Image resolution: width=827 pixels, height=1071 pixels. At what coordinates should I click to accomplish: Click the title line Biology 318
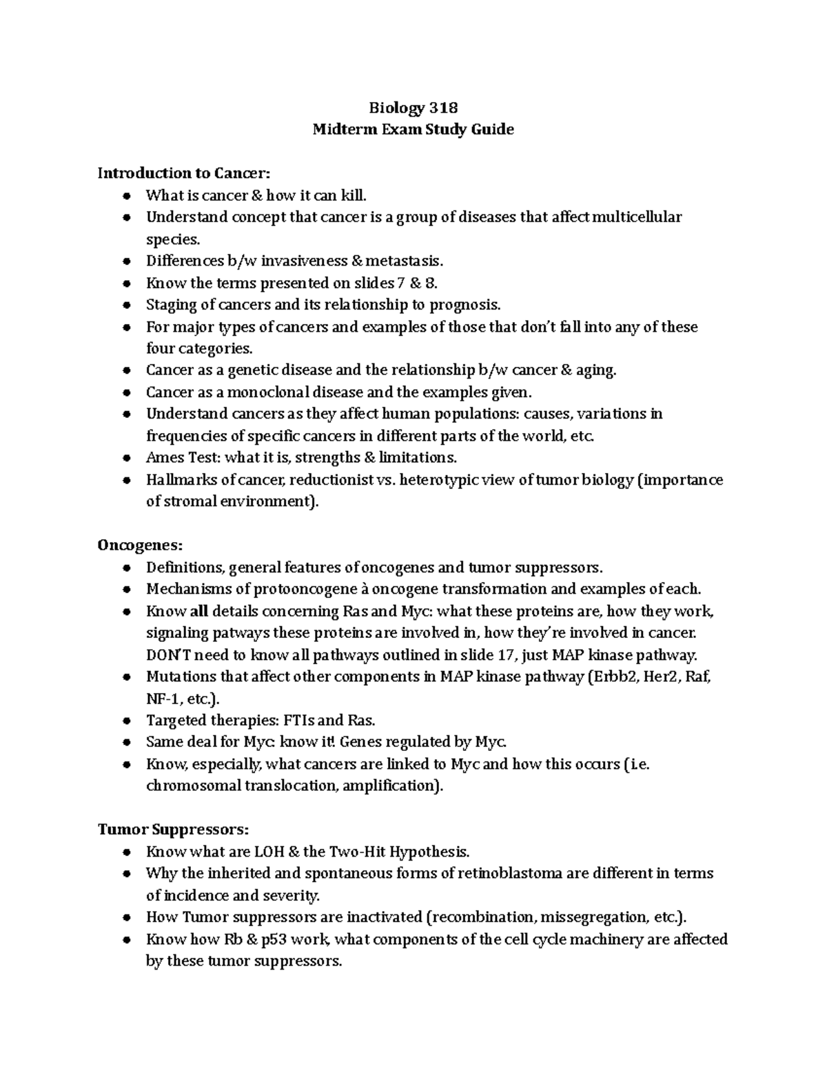click(x=413, y=108)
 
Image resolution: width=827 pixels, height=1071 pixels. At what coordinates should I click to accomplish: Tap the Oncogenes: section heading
click(x=141, y=545)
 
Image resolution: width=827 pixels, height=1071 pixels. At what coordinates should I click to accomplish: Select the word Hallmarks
click(x=177, y=479)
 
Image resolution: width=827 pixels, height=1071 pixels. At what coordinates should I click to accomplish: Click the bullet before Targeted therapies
click(x=126, y=721)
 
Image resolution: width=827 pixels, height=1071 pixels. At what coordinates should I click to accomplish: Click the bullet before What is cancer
click(x=126, y=196)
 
